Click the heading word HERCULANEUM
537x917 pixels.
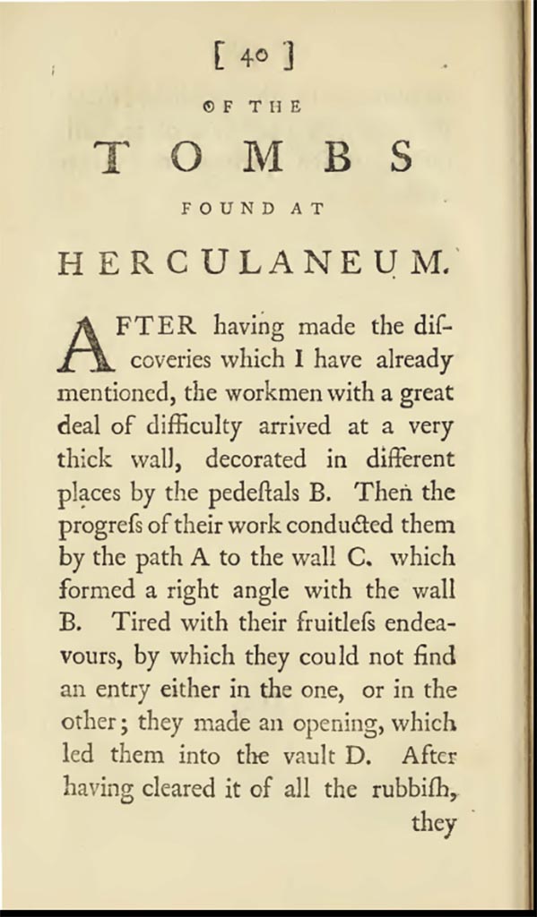pos(251,264)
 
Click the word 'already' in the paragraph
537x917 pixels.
pos(411,361)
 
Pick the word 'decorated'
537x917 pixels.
pos(257,459)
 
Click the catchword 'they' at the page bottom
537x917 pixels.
pos(434,822)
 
